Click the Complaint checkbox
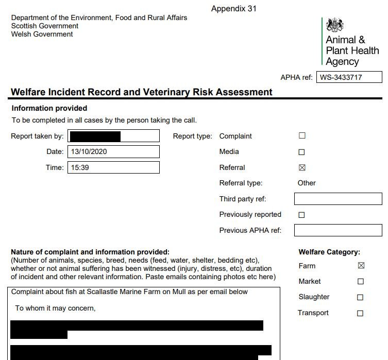[302, 136]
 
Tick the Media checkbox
[302, 152]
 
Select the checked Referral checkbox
[302, 167]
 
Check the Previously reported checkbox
[302, 215]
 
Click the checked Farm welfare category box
[361, 266]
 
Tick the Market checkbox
[361, 282]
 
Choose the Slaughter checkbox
[361, 297]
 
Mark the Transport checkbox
[361, 313]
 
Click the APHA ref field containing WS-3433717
[349, 78]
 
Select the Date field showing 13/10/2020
[113, 152]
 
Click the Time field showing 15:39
[113, 167]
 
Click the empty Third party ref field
[338, 199]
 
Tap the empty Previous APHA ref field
[338, 230]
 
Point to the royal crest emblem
[335, 25]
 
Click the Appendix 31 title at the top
[233, 9]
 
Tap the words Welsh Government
[42, 35]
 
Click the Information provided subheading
[49, 108]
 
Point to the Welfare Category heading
[329, 252]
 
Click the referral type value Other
[307, 183]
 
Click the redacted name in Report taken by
[95, 136]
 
